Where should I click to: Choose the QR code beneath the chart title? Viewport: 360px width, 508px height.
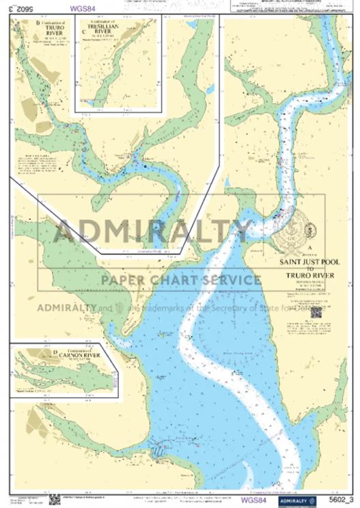click(x=316, y=312)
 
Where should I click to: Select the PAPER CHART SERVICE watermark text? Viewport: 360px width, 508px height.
click(x=180, y=279)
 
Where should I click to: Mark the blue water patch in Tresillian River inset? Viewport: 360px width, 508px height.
click(x=87, y=102)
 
